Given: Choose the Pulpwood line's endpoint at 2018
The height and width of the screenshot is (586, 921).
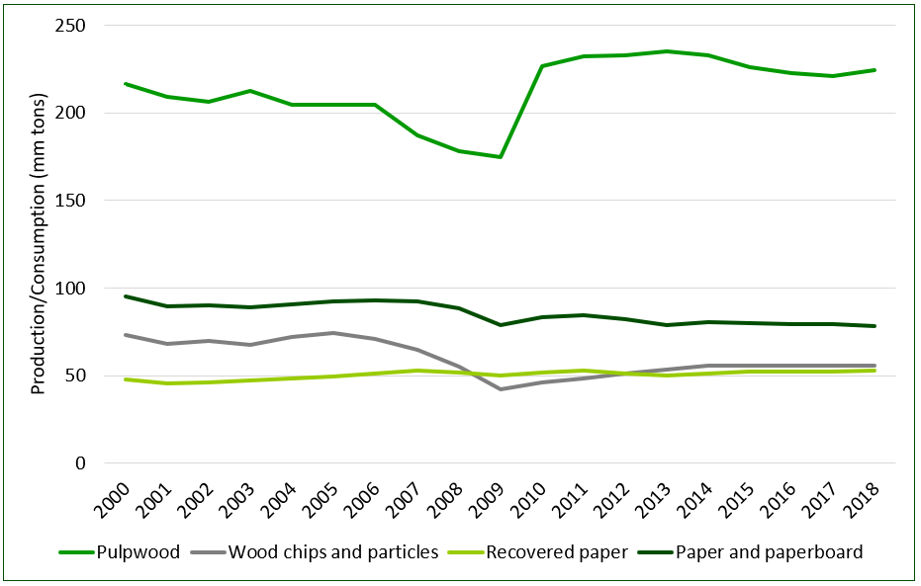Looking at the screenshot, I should click(x=875, y=70).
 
